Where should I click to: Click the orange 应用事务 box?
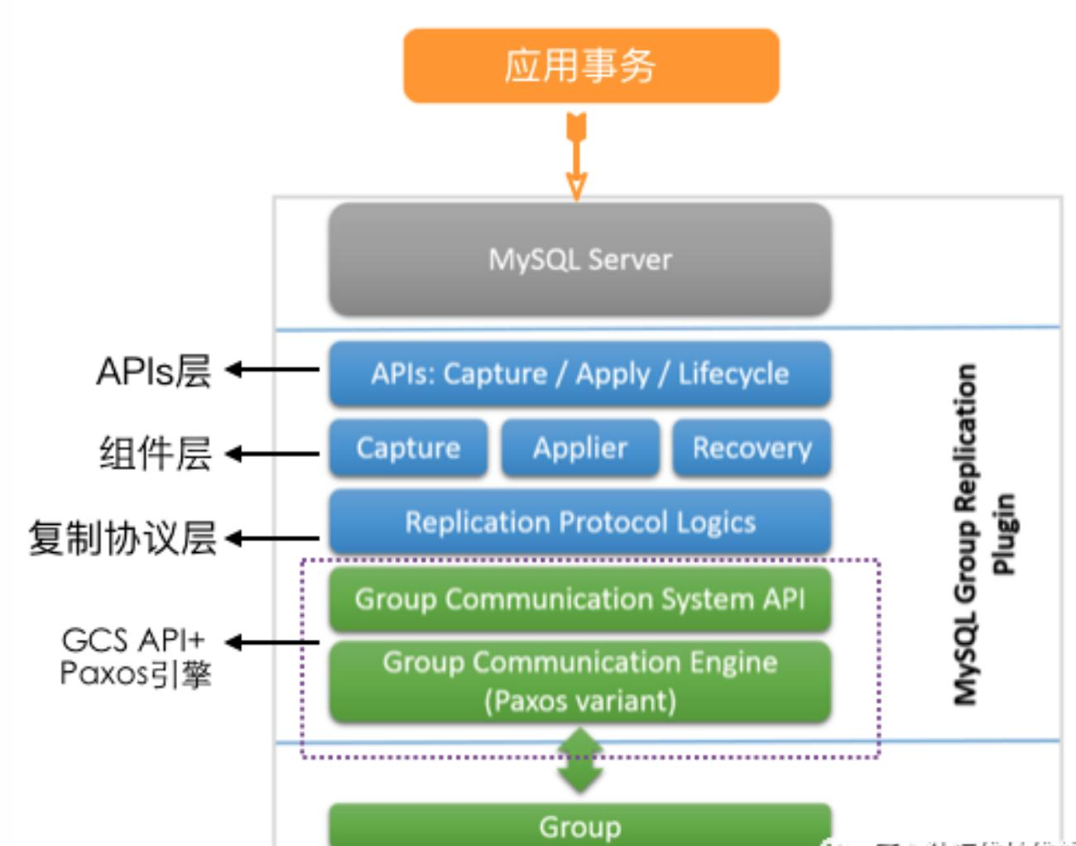tap(591, 66)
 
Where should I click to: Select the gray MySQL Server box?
tap(580, 259)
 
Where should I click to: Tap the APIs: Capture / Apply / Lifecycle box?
tap(580, 374)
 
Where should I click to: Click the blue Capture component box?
tap(408, 448)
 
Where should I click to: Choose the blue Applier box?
tap(580, 448)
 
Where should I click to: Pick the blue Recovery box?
tap(752, 448)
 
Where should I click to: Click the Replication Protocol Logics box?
tap(580, 522)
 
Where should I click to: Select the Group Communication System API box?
tap(580, 598)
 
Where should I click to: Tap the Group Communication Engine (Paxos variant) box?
tap(580, 681)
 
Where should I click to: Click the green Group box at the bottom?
tap(580, 825)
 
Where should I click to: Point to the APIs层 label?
tap(154, 371)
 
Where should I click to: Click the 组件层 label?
tap(156, 454)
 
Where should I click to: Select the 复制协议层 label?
tap(122, 538)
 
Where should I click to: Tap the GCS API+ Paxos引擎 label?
tap(136, 657)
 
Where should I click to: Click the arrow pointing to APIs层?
tap(272, 369)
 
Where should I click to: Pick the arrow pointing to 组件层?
tap(272, 454)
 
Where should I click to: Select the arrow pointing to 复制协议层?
tap(272, 539)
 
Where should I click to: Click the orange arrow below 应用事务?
tap(577, 156)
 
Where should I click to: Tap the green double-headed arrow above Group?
tap(580, 759)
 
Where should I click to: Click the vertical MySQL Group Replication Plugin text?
tap(982, 534)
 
